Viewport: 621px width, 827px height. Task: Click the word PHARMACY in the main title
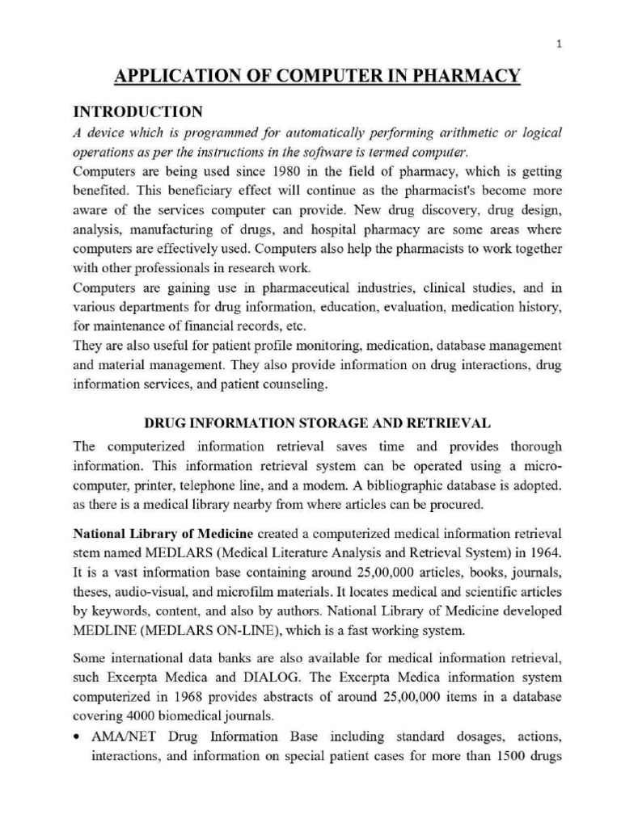click(468, 78)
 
